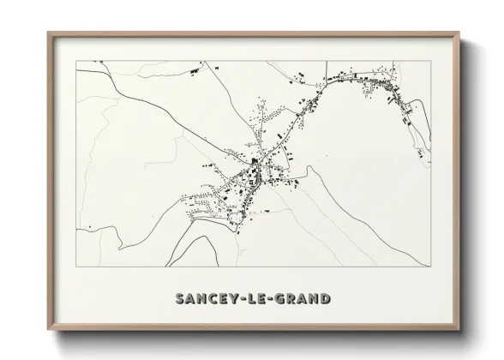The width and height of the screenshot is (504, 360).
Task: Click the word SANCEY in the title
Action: (204, 299)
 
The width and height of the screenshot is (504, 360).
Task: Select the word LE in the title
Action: (255, 299)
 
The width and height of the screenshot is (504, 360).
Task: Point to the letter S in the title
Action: (180, 299)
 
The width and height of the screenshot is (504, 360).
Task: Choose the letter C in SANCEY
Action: (211, 299)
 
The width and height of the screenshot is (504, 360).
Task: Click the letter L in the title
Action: (250, 299)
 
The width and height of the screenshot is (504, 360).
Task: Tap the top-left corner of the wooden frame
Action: (48, 33)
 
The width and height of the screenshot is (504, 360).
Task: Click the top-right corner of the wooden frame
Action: (459, 33)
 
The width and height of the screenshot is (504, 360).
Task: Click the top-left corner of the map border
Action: (75, 60)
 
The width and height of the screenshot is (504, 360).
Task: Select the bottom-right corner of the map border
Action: (431, 267)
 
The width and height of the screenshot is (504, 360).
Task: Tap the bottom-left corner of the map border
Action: (75, 267)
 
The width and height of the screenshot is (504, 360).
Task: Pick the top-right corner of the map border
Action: (431, 60)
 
